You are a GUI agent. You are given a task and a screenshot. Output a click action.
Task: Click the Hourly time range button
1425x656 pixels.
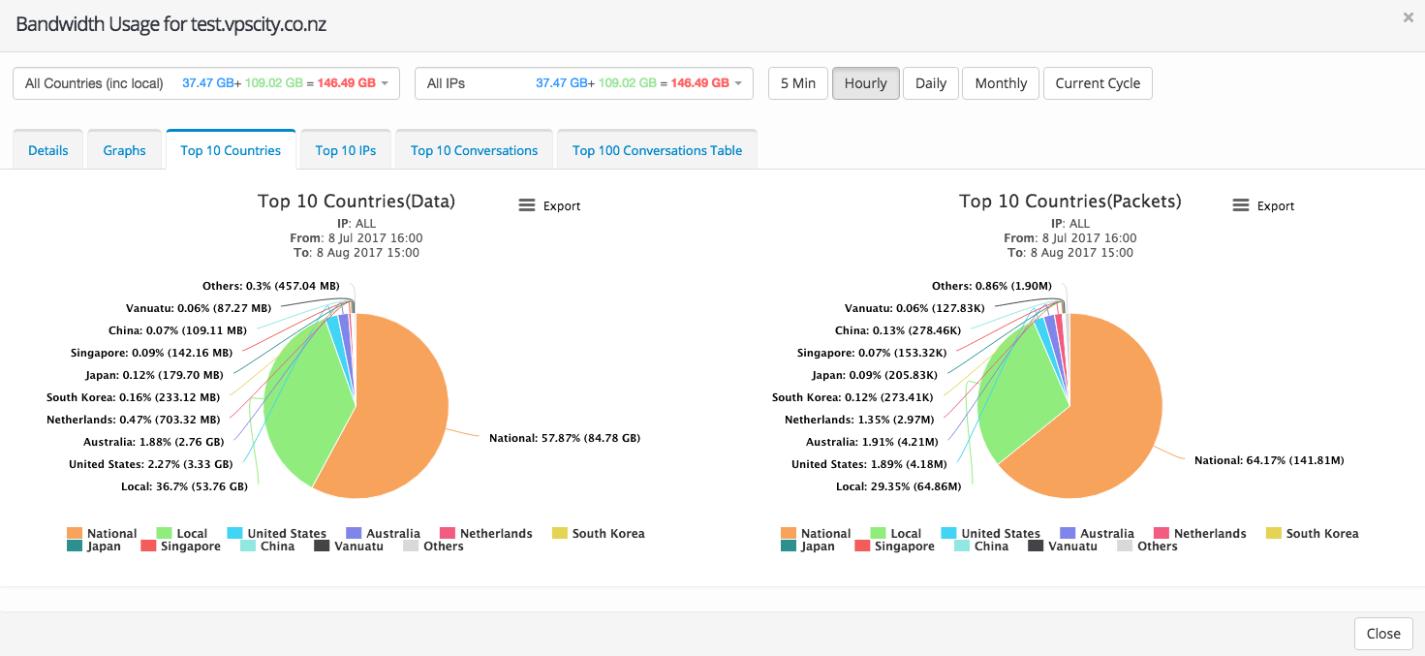[865, 83]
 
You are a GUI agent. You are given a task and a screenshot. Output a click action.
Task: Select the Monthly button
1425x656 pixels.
[1001, 83]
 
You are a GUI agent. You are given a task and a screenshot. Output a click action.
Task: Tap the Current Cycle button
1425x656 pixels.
[1098, 83]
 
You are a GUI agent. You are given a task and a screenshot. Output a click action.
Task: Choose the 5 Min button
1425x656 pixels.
[798, 83]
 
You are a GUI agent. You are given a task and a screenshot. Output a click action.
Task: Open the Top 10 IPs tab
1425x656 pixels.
[346, 150]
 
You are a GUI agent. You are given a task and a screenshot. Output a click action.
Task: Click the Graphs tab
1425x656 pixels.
[124, 150]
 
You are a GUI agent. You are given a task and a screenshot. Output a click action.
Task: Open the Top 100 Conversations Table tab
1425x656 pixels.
[657, 150]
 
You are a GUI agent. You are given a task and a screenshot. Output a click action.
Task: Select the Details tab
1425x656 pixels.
[48, 150]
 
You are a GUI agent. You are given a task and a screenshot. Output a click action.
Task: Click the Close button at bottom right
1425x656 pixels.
[1382, 633]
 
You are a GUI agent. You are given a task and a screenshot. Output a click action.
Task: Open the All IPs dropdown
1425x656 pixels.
[584, 83]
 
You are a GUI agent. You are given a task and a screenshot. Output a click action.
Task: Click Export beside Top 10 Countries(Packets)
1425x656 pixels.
[1264, 205]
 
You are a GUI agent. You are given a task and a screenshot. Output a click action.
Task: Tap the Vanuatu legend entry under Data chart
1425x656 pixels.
[349, 547]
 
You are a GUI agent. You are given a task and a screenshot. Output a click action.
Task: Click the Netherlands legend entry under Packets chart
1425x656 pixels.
[1200, 533]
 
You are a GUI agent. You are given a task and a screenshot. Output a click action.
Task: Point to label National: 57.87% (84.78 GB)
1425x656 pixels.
[565, 438]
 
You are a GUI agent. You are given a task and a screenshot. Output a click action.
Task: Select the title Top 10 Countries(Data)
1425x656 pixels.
[356, 202]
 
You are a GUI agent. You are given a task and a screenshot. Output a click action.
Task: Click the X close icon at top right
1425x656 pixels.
[1408, 17]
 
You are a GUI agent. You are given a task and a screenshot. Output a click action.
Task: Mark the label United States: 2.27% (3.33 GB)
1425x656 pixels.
[150, 464]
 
